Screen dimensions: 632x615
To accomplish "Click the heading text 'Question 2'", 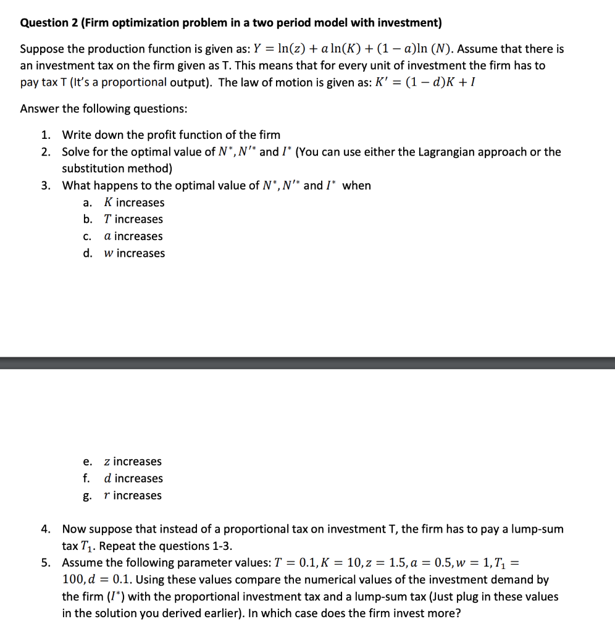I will (x=49, y=23).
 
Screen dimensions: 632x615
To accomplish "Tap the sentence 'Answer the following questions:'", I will (x=104, y=109).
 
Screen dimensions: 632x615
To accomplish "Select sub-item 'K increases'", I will (x=134, y=202).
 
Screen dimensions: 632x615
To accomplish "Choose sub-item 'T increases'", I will (x=133, y=219).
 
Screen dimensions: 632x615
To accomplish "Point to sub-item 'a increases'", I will (x=133, y=236).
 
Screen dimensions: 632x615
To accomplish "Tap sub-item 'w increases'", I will (x=134, y=253).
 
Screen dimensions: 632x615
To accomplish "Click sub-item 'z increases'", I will (x=133, y=462).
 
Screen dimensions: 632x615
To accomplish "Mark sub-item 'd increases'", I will (x=133, y=478).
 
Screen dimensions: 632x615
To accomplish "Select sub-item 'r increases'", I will (x=133, y=496).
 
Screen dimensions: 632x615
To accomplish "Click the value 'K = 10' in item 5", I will (x=351, y=563).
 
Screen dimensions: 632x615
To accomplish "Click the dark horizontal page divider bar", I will (x=307, y=363).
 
